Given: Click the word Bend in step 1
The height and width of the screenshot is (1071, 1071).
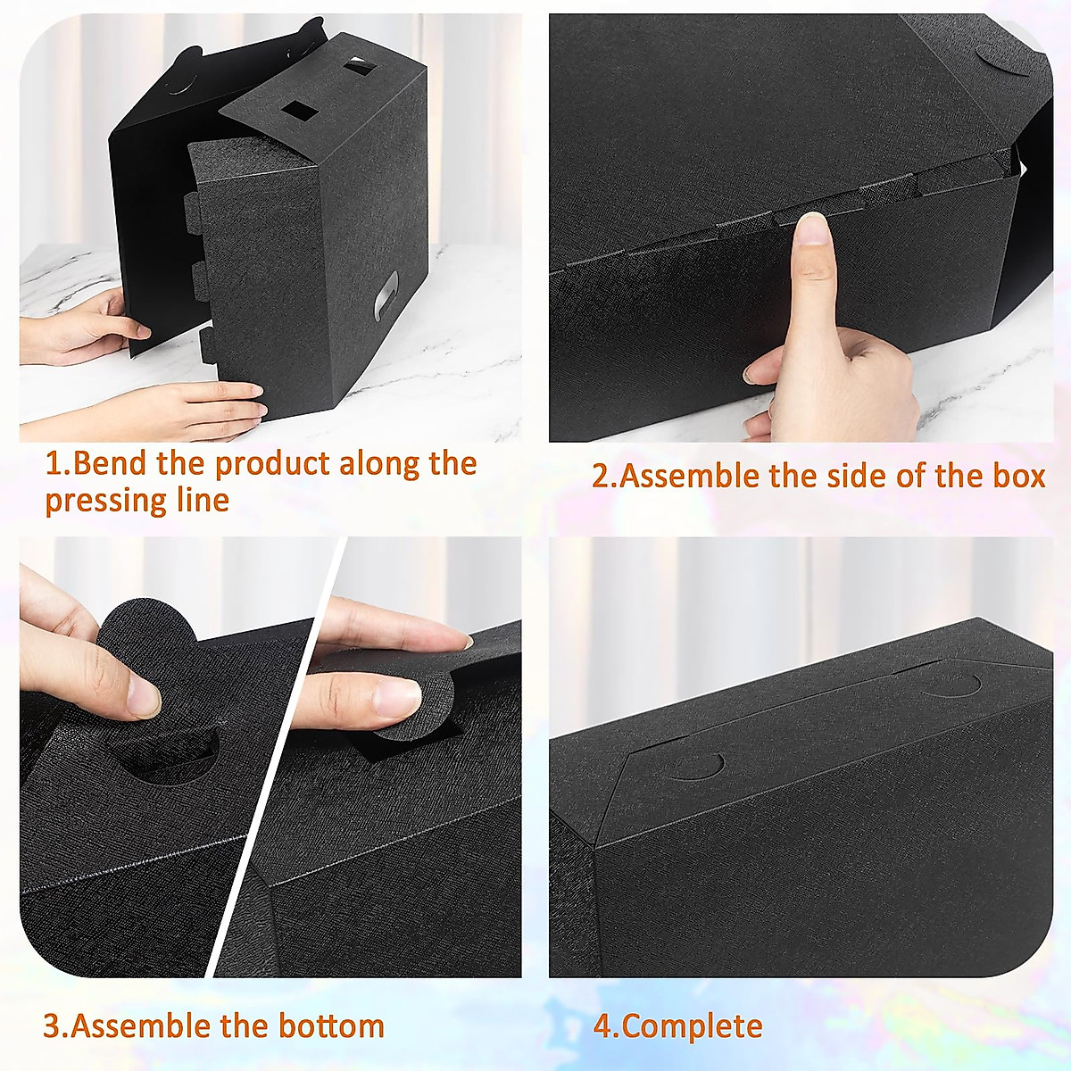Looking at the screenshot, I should [111, 464].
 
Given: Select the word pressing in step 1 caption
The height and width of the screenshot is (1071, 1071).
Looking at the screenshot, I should [103, 501].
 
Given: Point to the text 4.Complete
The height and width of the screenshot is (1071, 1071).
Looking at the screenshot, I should [678, 1026].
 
